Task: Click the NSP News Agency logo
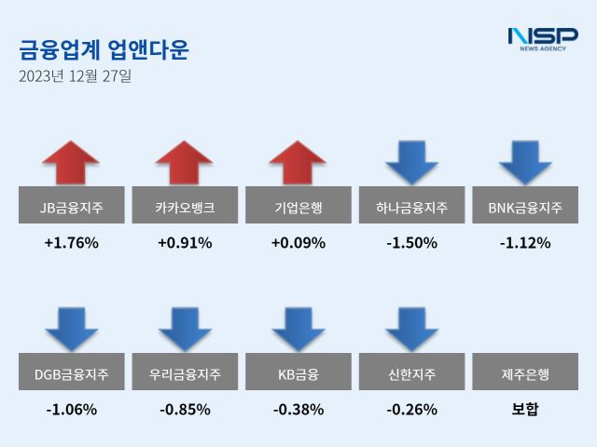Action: [x=542, y=39]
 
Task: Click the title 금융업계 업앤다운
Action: [x=104, y=49]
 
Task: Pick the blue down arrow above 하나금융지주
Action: [x=411, y=161]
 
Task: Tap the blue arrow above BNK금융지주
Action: [x=525, y=161]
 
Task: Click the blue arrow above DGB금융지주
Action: [x=71, y=328]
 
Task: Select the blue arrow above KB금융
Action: [x=298, y=328]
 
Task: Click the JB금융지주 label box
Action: [x=71, y=207]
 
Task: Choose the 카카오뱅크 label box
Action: [x=185, y=207]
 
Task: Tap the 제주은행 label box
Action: [x=525, y=374]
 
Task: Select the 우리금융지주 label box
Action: [x=185, y=374]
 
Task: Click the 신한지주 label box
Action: [x=411, y=374]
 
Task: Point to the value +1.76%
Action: [x=71, y=243]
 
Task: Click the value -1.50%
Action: [x=411, y=243]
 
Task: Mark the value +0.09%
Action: [x=298, y=243]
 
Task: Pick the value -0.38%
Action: [x=298, y=409]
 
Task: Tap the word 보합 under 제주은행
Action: [x=525, y=409]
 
